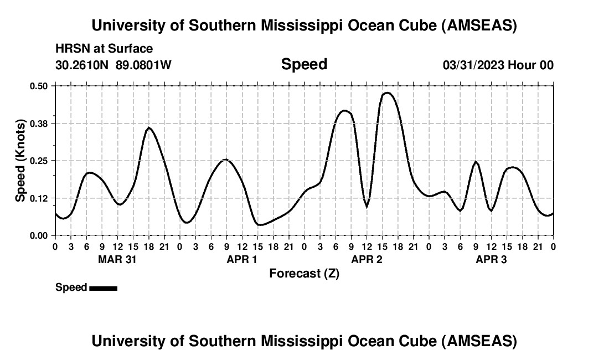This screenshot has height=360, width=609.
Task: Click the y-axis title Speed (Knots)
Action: (20, 161)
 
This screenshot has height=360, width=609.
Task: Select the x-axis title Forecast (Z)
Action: (304, 273)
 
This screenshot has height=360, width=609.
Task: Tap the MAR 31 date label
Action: (117, 259)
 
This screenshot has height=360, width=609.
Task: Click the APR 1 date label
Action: (242, 259)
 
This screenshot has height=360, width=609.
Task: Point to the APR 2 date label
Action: (367, 259)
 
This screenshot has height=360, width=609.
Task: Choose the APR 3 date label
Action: (491, 259)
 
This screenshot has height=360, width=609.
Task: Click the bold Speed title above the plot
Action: (304, 64)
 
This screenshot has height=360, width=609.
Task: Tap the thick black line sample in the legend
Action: (103, 288)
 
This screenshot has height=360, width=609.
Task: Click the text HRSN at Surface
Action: (104, 49)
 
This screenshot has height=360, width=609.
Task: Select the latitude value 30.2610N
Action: (82, 65)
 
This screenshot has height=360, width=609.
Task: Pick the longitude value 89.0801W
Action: (143, 65)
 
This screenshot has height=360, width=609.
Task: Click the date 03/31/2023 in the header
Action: (473, 65)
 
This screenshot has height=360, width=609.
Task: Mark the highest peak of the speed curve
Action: (388, 92)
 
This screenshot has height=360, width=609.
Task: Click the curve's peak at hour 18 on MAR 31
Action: (148, 127)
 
